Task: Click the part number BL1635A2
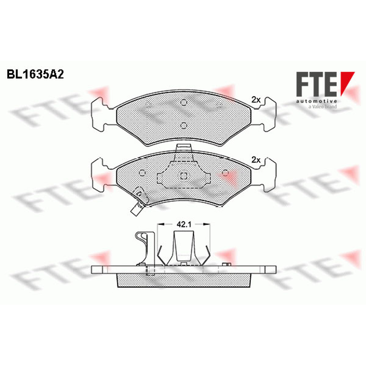35,75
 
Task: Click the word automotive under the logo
317,101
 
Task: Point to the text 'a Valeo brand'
323,107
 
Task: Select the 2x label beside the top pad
256,100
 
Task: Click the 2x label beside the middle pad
256,160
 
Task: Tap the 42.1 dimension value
184,225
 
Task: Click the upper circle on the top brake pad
184,102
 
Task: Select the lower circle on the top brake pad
184,125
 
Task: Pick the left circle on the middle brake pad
142,173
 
